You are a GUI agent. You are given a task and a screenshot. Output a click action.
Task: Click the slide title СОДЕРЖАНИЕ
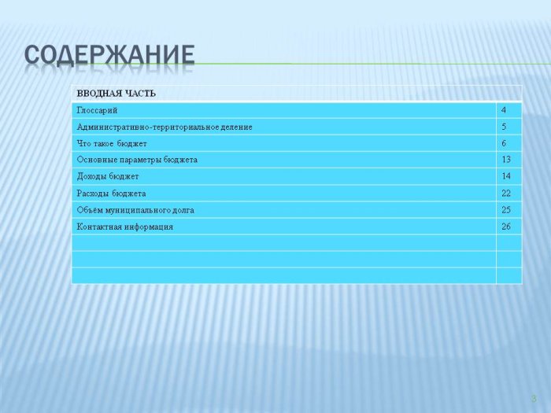[109, 55]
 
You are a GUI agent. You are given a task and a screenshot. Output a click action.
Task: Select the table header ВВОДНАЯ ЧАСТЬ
[116, 94]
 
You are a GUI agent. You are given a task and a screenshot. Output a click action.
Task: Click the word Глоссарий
[97, 111]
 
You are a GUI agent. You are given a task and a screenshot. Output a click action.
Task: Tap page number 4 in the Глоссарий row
[504, 110]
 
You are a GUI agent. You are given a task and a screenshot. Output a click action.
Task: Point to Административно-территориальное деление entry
[165, 127]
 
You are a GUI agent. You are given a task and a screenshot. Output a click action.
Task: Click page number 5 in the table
[504, 127]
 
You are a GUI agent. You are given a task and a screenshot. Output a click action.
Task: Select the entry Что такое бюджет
[112, 144]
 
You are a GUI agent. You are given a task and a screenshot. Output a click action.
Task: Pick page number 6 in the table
[504, 143]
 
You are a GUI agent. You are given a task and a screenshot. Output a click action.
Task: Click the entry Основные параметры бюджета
[137, 160]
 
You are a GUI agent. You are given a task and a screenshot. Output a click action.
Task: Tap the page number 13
[506, 160]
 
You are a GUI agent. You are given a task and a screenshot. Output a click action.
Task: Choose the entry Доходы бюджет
[108, 177]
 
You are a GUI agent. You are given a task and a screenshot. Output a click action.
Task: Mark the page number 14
[506, 176]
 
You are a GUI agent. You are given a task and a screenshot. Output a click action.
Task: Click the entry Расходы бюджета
[112, 194]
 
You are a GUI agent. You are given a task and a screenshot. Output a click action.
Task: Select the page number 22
[506, 194]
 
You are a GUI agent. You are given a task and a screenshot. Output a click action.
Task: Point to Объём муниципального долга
[135, 210]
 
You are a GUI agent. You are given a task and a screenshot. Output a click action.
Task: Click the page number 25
[506, 210]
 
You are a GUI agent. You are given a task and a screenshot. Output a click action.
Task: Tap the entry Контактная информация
[125, 227]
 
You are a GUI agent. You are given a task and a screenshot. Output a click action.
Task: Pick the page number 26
[506, 227]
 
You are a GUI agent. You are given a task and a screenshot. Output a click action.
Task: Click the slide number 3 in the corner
[534, 399]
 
